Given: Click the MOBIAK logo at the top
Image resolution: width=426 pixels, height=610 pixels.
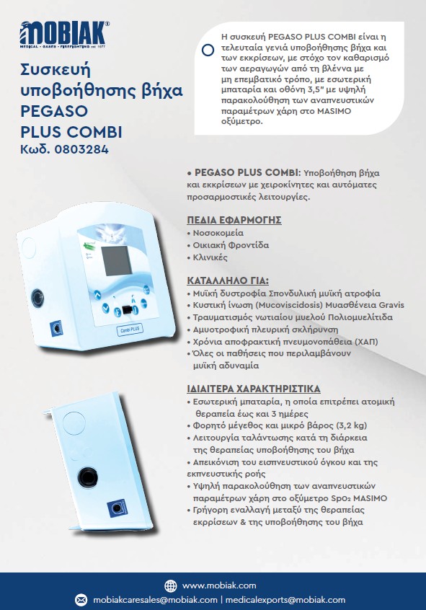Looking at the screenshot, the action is tap(65, 35).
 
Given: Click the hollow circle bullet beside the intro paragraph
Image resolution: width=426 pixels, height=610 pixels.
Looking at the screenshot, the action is tap(207, 50).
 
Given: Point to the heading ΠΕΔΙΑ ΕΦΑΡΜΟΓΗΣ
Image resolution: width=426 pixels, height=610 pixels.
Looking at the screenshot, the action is tap(234, 220).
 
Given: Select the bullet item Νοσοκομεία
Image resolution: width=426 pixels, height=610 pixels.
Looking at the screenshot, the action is tap(218, 234).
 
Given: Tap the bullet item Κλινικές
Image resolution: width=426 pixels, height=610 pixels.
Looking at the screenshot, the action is tap(211, 257).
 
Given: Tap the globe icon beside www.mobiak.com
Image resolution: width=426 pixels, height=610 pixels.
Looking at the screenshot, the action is tap(171, 585).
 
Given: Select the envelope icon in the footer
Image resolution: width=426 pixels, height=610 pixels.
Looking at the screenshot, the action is tap(81, 600).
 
